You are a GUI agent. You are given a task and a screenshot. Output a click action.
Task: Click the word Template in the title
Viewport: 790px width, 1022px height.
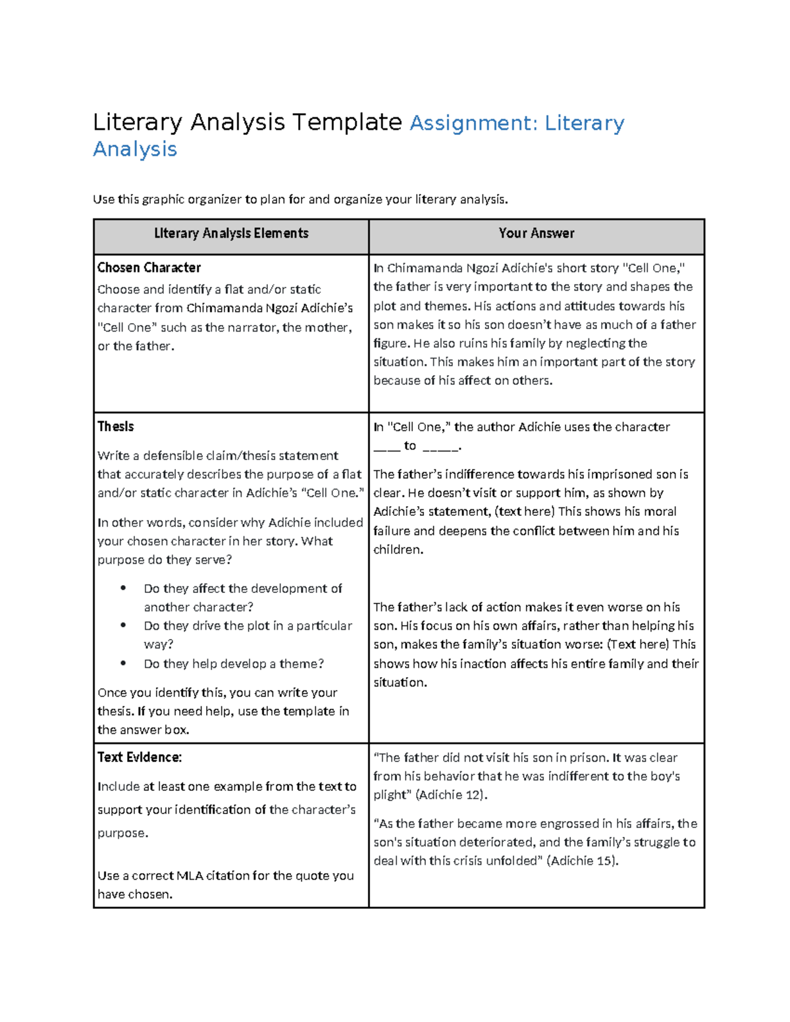[347, 122]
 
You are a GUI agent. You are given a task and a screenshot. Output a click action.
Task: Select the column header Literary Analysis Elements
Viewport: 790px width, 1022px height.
[231, 234]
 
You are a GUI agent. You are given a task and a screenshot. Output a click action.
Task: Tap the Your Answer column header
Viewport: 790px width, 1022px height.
[537, 234]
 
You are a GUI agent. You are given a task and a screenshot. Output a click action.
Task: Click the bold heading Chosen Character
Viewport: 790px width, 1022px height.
[149, 268]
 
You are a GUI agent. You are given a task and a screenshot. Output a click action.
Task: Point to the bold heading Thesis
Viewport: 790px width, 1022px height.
[116, 426]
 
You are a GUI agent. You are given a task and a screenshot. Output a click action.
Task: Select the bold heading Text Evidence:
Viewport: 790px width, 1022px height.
[140, 757]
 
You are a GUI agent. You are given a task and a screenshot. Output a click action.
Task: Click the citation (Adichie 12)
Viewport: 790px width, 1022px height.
[452, 795]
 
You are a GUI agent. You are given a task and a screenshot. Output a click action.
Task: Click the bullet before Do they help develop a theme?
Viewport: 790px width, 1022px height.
[123, 663]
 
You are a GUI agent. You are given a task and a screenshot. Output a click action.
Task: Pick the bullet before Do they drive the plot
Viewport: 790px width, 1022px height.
[123, 625]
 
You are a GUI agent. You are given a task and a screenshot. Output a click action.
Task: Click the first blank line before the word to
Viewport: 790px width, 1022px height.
[386, 447]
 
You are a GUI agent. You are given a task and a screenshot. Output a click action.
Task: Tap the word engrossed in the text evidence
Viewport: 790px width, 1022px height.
[566, 824]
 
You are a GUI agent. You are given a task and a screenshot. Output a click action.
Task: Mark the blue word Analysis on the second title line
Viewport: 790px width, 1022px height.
[135, 149]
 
